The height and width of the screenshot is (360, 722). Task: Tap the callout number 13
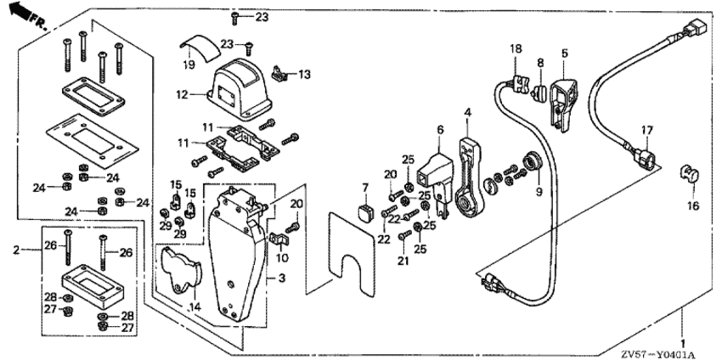click(x=305, y=75)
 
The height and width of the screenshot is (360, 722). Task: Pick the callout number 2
click(x=15, y=250)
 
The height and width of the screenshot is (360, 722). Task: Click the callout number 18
click(x=514, y=49)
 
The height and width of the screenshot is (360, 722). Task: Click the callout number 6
click(x=440, y=129)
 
